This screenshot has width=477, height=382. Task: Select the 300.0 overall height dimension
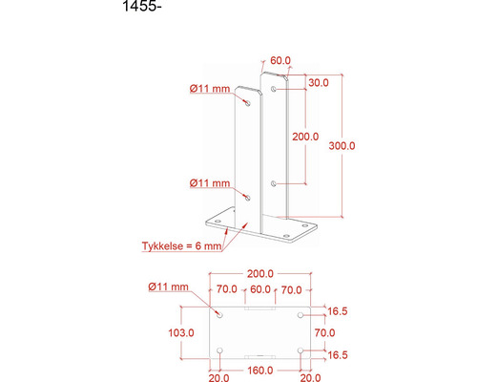[342, 146]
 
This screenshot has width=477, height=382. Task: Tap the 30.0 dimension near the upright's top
[319, 83]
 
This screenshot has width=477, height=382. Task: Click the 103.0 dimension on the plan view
[180, 332]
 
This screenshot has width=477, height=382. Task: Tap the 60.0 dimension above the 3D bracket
[280, 60]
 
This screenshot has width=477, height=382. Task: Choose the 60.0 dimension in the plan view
[259, 289]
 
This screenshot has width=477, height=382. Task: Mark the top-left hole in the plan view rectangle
[219, 313]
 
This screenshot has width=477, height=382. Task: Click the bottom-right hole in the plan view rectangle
[301, 350]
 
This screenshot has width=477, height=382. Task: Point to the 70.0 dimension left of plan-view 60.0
[227, 289]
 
